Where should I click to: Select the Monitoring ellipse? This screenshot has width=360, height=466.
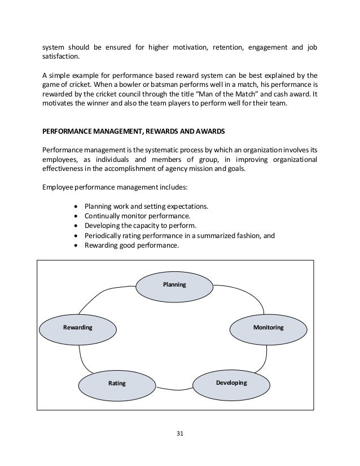pyautogui.click(x=269, y=327)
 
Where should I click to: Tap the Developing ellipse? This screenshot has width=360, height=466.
pyautogui.click(x=231, y=383)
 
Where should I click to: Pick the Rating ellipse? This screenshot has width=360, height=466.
pyautogui.click(x=117, y=384)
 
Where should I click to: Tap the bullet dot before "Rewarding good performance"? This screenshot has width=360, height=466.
pyautogui.click(x=77, y=246)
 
